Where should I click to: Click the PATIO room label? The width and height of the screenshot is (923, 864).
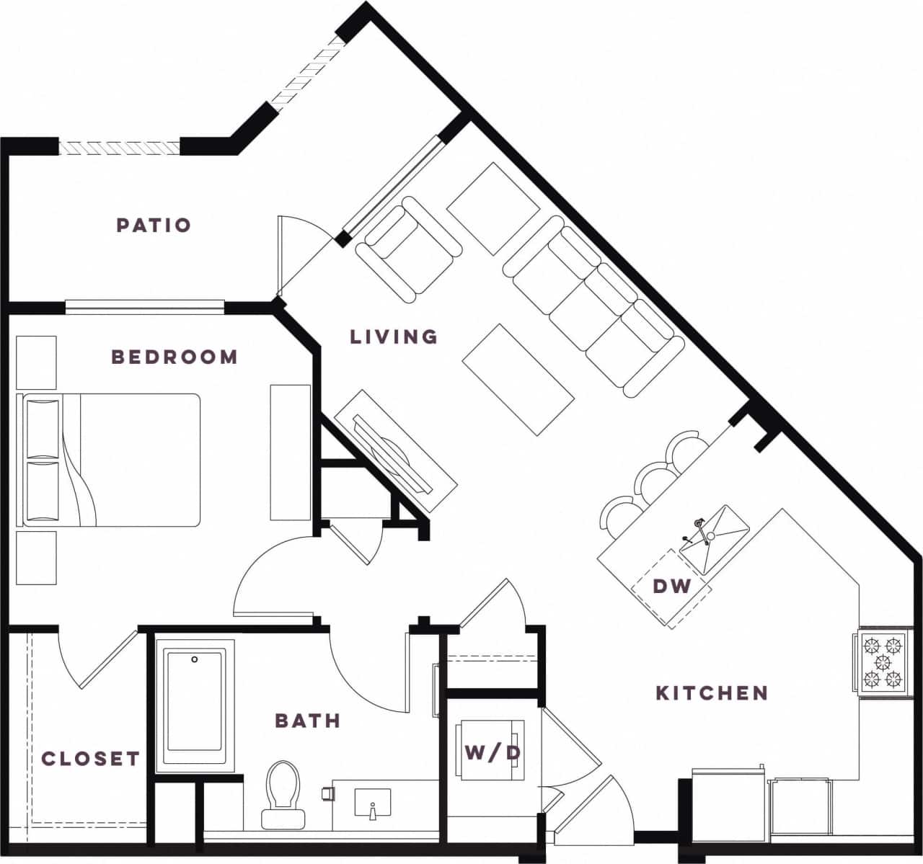(154, 226)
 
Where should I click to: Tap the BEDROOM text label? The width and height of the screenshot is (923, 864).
(175, 357)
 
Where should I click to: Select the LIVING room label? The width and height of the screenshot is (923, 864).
(394, 337)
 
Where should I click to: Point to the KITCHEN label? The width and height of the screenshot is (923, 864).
(712, 693)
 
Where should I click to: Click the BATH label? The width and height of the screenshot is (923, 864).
(308, 721)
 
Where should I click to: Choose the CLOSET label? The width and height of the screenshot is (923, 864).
(90, 758)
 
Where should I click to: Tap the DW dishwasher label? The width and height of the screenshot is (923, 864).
(672, 587)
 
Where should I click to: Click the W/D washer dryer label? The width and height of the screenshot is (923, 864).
(493, 754)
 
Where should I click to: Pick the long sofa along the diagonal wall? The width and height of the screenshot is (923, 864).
(593, 307)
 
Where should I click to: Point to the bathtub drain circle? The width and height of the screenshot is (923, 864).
(195, 659)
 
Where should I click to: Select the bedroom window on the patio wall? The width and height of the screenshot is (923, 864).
(144, 307)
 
